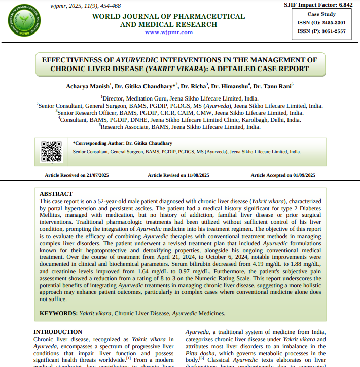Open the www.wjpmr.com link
(168, 32)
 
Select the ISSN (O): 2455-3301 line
(321, 23)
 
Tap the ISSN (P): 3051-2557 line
(321, 31)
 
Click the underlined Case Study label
(321, 14)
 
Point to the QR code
(51, 151)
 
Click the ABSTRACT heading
(56, 194)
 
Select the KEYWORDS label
(58, 313)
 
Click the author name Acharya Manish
(87, 86)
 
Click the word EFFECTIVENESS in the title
(78, 59)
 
